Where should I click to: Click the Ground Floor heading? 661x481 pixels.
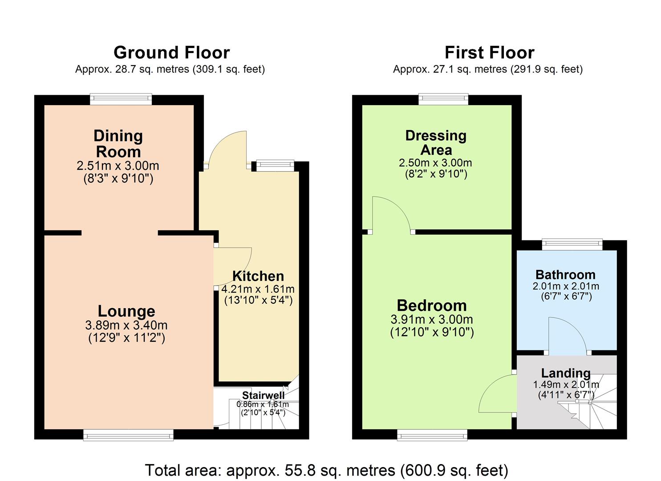click(171, 53)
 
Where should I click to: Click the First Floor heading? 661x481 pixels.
click(489, 53)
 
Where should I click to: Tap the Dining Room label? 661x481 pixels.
click(118, 143)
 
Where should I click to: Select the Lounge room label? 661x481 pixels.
click(126, 311)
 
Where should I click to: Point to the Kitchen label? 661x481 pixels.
click(258, 276)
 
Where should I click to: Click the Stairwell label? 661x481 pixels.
click(263, 395)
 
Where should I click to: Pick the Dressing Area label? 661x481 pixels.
click(436, 143)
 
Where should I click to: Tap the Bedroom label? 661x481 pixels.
click(432, 306)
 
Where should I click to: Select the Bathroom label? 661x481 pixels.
click(565, 275)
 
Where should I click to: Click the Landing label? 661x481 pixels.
click(566, 373)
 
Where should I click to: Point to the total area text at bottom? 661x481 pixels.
click(326, 470)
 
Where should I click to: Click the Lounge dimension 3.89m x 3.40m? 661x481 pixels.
click(126, 326)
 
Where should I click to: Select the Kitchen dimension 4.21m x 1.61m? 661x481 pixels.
click(258, 289)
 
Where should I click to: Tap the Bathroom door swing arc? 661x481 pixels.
click(571, 334)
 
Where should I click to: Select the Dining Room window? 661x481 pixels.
click(121, 99)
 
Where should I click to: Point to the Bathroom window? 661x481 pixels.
click(572, 244)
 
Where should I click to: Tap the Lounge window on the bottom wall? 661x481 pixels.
click(128, 435)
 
